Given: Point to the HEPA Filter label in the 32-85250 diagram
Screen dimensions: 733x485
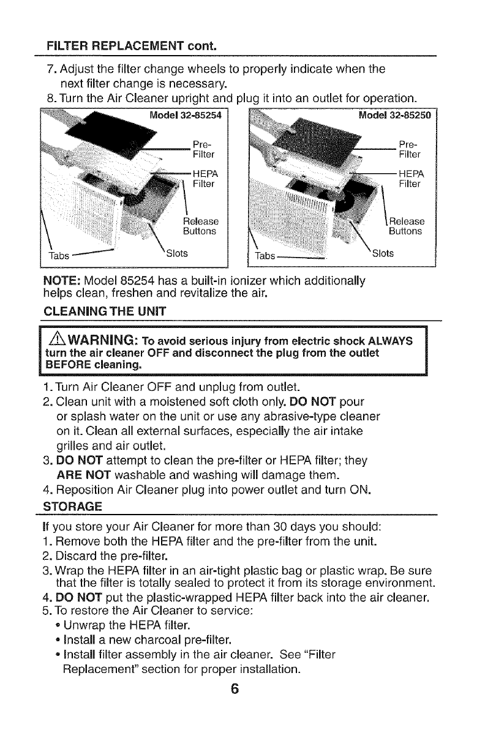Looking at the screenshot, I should pyautogui.click(x=410, y=177).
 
